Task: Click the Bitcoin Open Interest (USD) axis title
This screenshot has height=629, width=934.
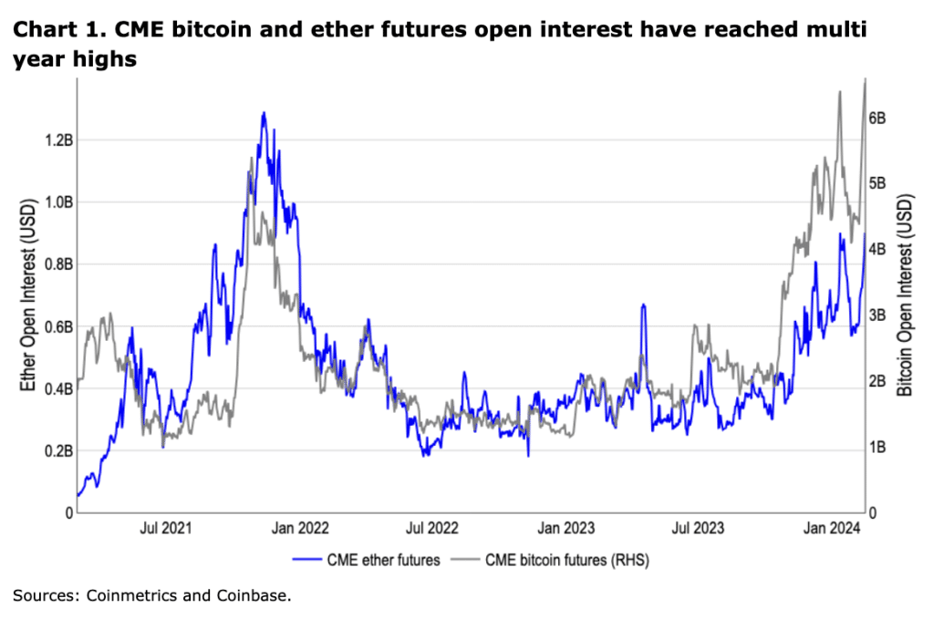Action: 905,297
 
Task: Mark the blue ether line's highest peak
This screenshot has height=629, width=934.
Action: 264,113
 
